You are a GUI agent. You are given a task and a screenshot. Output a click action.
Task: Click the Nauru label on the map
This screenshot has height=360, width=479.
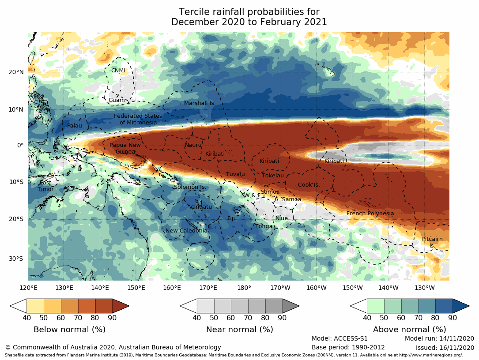(x=193, y=145)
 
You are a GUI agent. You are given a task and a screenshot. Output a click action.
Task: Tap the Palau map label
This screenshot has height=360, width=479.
(x=75, y=126)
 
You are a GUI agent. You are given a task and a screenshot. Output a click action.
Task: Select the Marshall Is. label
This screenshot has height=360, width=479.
(x=200, y=103)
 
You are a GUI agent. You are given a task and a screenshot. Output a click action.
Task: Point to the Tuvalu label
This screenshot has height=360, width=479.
(x=235, y=175)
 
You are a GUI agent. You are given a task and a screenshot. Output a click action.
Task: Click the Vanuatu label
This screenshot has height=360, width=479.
(x=200, y=207)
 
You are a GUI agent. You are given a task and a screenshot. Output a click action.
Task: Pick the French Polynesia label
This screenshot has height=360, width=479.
(x=370, y=214)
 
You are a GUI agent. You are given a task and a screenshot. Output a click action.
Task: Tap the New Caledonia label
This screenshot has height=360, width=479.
(x=186, y=231)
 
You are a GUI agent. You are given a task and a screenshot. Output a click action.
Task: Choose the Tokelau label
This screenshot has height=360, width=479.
(x=273, y=176)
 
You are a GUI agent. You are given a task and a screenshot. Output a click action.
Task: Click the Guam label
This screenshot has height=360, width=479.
(x=117, y=100)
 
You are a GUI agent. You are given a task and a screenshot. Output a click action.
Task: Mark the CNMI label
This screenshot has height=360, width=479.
(x=118, y=71)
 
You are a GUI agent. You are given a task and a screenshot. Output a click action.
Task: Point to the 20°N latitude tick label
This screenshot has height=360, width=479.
(x=16, y=72)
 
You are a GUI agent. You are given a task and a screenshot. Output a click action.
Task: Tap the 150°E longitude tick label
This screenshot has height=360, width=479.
(x=136, y=288)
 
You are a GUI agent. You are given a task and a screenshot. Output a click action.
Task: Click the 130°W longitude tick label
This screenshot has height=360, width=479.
(x=424, y=288)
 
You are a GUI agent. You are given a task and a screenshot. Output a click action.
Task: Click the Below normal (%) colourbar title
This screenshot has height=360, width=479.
(x=69, y=330)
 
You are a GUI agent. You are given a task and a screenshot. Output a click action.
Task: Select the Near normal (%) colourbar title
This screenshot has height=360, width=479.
(x=240, y=330)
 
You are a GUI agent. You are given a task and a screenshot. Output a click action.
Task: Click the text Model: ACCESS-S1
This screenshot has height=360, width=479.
(x=339, y=338)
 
